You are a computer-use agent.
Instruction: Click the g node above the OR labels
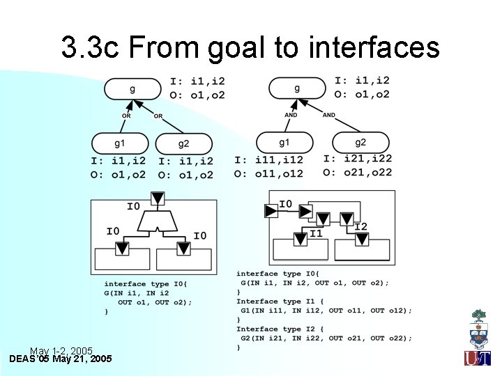coord(132,89)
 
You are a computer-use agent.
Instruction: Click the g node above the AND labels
coord(297,88)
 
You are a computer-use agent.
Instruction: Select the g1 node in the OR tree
coord(120,143)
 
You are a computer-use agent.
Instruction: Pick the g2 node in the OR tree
coord(183,144)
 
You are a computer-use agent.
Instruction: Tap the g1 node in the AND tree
coord(284,143)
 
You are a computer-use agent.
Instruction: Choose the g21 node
coord(360,142)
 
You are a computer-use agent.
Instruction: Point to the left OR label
coord(126,116)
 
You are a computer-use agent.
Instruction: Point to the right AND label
coord(329,115)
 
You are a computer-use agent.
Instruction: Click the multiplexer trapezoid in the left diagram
coord(158,222)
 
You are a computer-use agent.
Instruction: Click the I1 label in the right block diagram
coord(316,234)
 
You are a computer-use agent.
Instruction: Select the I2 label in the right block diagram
coord(360,226)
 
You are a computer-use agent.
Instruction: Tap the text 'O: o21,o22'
coord(358,173)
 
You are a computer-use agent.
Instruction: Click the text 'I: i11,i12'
coord(269,160)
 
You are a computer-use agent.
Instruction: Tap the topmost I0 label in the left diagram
coord(133,206)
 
